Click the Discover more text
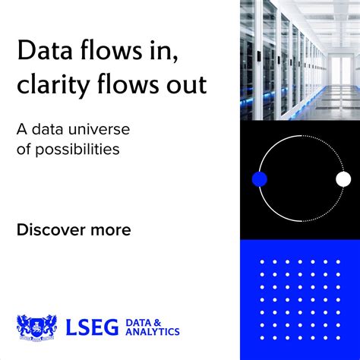click(x=74, y=229)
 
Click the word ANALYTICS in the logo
click(x=152, y=333)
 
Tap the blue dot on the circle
click(x=260, y=179)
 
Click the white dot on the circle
click(x=343, y=179)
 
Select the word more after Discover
click(x=109, y=229)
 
